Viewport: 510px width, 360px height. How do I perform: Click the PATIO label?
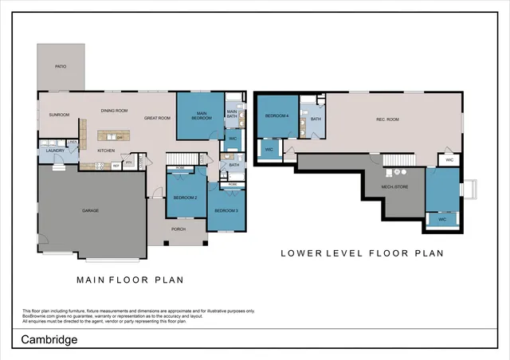61,67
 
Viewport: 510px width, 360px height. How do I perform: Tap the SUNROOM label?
58,115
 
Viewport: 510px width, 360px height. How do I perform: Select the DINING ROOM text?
115,111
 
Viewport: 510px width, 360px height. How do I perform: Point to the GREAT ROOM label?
157,118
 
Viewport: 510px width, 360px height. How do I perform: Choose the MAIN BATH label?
233,114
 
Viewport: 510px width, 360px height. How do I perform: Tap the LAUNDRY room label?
54,151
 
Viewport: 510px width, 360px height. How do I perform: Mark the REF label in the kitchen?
116,165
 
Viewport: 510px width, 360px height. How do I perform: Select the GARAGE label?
90,211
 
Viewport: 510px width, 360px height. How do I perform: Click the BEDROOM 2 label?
185,197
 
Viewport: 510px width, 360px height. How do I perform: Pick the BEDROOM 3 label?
226,210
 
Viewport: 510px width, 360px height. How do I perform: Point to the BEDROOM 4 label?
277,115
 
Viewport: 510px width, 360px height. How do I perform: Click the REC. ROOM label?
387,120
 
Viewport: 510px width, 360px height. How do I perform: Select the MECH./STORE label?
395,188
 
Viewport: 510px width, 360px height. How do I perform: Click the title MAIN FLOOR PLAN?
130,280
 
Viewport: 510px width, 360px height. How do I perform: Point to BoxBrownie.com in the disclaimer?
40,316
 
